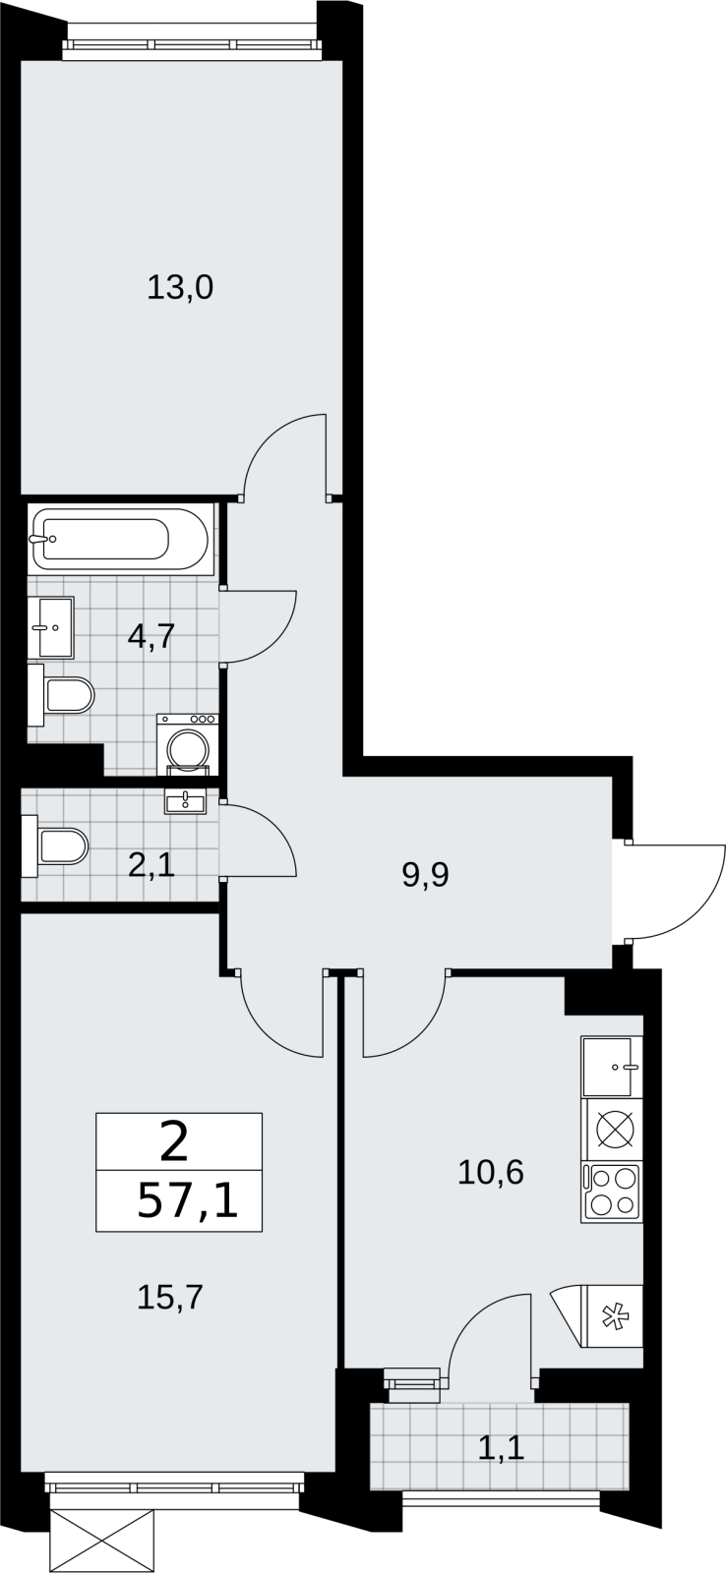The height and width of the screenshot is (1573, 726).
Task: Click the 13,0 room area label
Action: (180, 288)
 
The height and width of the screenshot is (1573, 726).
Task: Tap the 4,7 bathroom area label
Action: (151, 637)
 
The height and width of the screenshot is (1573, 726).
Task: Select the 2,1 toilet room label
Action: (151, 866)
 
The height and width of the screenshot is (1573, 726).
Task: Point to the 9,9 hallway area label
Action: (426, 876)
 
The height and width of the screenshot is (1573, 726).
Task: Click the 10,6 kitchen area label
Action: (491, 1172)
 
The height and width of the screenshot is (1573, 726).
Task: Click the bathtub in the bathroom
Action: (119, 540)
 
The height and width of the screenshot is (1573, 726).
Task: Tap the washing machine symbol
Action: (188, 744)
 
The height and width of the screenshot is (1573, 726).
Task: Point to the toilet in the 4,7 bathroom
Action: (61, 695)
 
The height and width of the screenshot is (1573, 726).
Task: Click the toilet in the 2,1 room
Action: (55, 846)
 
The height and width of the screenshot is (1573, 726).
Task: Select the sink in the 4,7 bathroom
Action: (50, 628)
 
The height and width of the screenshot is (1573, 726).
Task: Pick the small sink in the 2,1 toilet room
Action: (186, 800)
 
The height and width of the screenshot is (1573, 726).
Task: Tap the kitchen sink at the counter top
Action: (612, 1066)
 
